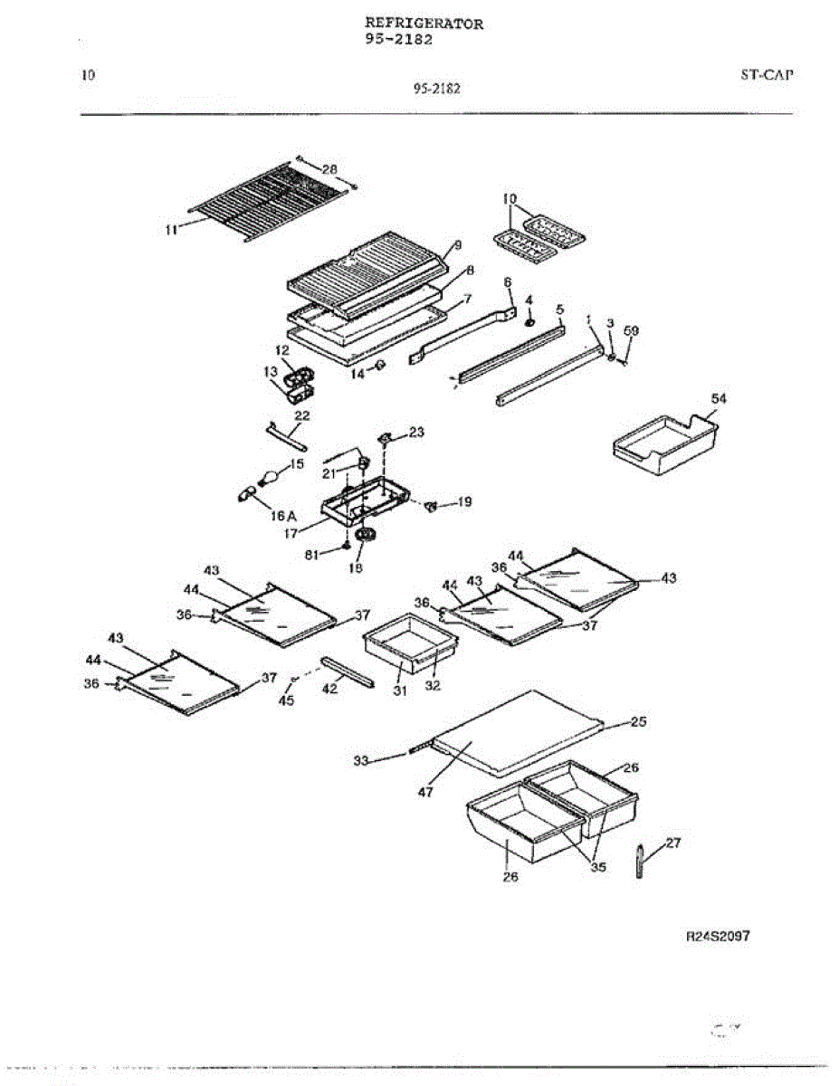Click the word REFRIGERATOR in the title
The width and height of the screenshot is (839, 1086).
[x=424, y=24]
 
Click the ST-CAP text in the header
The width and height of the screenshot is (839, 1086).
[x=766, y=75]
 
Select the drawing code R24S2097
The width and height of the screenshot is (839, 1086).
[x=718, y=937]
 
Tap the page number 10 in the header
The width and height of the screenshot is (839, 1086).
[x=88, y=75]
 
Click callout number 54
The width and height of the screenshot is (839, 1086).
[x=718, y=399]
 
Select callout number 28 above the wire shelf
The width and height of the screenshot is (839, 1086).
[x=330, y=169]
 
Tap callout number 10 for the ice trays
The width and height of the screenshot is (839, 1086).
[x=510, y=198]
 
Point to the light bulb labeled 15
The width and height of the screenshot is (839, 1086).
[x=269, y=475]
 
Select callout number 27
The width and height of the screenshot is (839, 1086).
[x=672, y=843]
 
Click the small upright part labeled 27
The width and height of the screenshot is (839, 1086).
[x=640, y=862]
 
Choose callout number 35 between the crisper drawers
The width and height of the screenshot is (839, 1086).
[x=597, y=867]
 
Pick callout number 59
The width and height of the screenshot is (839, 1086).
[x=632, y=331]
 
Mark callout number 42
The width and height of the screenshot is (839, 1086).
[x=330, y=689]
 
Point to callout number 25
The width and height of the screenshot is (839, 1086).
[x=638, y=722]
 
